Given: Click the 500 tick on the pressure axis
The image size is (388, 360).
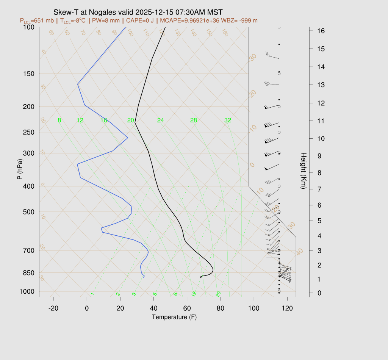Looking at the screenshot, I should [28, 212].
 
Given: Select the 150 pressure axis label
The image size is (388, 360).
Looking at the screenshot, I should [28, 74].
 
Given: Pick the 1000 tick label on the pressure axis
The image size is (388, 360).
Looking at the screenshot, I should [27, 291].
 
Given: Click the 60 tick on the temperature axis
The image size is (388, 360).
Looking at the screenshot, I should [187, 308].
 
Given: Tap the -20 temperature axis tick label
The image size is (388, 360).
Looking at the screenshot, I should [53, 308].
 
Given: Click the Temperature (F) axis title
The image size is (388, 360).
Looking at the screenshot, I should [174, 317].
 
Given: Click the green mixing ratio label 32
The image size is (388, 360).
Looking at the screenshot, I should [228, 121].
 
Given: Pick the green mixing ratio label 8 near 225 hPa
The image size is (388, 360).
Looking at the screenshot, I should [59, 121].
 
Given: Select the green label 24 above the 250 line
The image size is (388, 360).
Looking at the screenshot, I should [161, 121].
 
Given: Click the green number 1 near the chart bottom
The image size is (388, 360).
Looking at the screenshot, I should [92, 294].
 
